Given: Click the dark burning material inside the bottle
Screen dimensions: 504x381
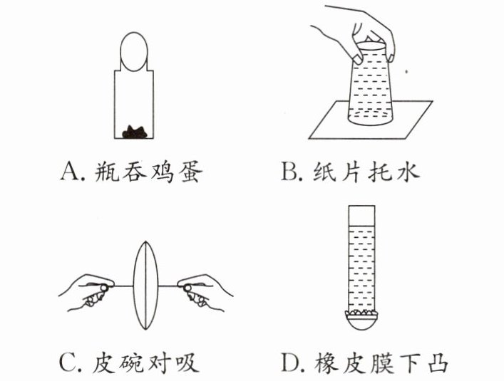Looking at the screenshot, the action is (135, 130).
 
